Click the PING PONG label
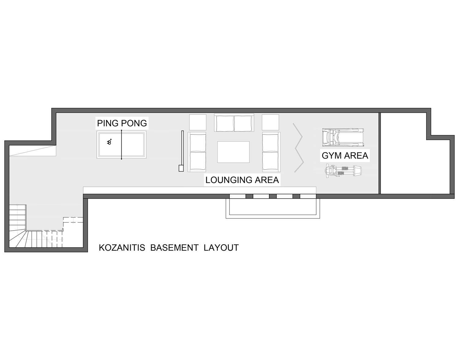point(122,123)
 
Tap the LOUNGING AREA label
point(242,180)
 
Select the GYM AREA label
point(345,156)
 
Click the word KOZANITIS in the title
point(122,248)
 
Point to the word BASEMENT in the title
point(174,248)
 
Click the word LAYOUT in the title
point(221,248)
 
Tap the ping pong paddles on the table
point(109,142)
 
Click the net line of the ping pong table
point(121,145)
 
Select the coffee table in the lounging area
point(233,152)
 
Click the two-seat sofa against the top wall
point(234,123)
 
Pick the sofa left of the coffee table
point(197,152)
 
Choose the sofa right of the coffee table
point(271,152)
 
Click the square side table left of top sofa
point(198,122)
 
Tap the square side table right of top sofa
point(271,122)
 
